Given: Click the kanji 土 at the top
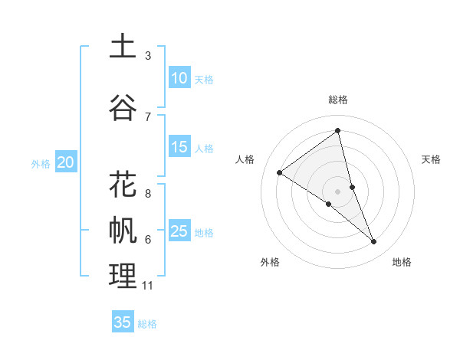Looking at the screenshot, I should click(123, 47).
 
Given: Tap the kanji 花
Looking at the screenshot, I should click(123, 185).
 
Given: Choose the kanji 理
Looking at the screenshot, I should click(123, 276).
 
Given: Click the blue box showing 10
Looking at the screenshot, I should click(179, 78).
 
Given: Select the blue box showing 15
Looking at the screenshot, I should click(179, 147).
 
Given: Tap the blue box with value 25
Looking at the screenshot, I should click(179, 231).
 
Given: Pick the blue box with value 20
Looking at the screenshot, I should click(66, 162).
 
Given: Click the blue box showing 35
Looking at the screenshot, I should click(123, 322).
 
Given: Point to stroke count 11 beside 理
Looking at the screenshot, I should click(148, 286).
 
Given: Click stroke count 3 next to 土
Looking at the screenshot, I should click(148, 56).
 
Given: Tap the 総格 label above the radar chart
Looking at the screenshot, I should click(338, 100).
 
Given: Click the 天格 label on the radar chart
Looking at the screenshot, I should click(432, 159).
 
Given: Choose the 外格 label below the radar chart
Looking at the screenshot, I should click(270, 262).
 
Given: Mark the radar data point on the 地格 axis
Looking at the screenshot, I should click(374, 242).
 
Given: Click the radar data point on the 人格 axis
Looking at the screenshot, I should click(280, 172).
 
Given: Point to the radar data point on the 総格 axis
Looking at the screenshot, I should click(338, 130).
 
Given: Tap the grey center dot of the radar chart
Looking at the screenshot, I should click(338, 191).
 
